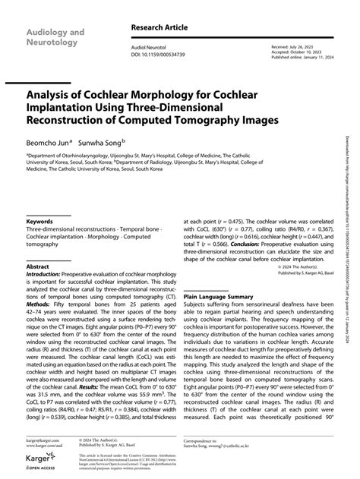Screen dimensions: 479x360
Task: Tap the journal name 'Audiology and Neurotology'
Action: pyautogui.click(x=56, y=39)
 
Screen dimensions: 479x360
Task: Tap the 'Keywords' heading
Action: pyautogui.click(x=40, y=200)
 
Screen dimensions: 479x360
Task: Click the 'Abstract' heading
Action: pyautogui.click(x=37, y=247)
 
